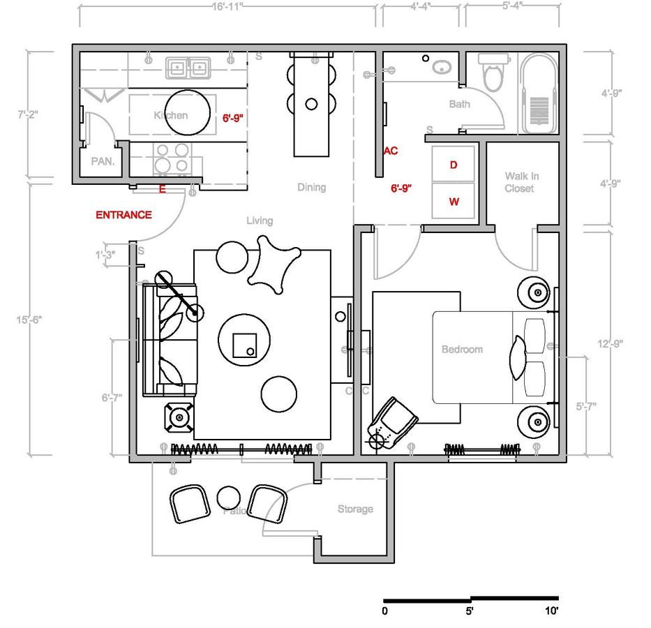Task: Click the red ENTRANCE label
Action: tap(124, 215)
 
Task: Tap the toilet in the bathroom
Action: tap(493, 75)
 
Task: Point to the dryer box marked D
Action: tap(454, 165)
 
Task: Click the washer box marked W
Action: tap(454, 202)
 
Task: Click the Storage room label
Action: tap(355, 509)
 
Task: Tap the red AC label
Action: tap(391, 151)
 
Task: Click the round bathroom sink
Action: tap(441, 68)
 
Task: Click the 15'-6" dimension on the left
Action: tap(29, 320)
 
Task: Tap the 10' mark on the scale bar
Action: tap(551, 611)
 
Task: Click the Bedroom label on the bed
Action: tap(462, 349)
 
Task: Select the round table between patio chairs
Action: tap(229, 498)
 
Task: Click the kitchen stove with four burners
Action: tap(172, 158)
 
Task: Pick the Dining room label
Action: tap(311, 187)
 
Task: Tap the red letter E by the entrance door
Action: tap(163, 188)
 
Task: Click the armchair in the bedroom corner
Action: tap(392, 422)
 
